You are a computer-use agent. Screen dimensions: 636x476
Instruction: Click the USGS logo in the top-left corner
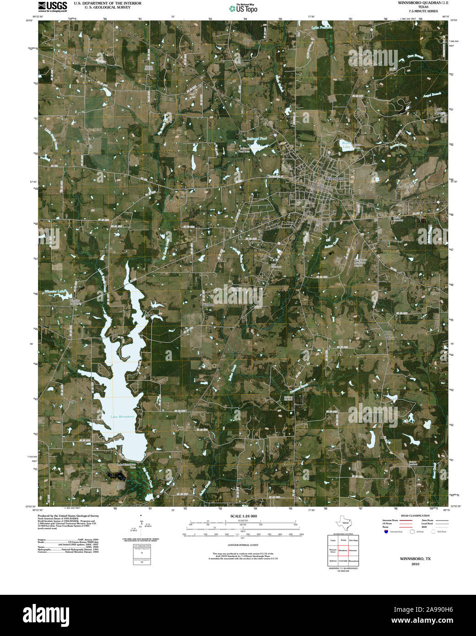click(53, 6)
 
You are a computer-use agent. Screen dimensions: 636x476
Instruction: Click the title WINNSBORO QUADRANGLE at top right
click(417, 3)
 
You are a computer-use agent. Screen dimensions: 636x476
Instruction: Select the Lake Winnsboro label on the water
click(122, 417)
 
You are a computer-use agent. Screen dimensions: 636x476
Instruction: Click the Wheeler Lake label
click(56, 291)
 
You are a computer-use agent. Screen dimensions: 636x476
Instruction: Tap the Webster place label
click(209, 305)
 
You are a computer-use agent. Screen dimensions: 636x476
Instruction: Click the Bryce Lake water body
click(346, 145)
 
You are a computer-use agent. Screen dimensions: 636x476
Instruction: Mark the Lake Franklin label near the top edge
click(321, 28)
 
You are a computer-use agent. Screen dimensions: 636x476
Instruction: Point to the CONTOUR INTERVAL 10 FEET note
click(243, 545)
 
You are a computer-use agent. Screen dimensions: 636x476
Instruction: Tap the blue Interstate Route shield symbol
click(386, 532)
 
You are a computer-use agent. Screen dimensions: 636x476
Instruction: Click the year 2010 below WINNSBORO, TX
click(415, 564)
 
